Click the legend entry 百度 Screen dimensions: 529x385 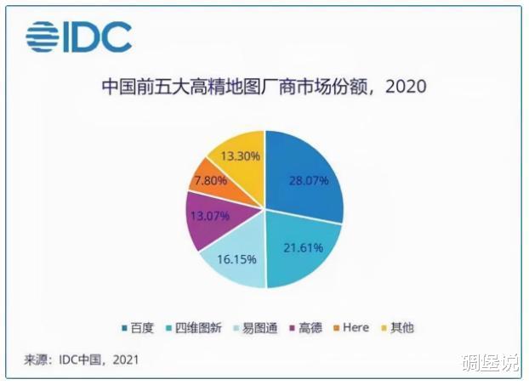click(138, 328)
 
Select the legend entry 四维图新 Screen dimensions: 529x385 click(194, 328)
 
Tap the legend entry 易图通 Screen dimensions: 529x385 click(256, 328)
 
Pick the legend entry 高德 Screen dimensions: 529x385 click(306, 328)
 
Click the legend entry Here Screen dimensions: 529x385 click(351, 328)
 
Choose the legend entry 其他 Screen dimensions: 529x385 click(397, 328)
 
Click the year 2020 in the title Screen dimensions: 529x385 click(406, 87)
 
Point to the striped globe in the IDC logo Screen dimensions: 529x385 click(43, 37)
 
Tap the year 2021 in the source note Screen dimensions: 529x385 click(126, 360)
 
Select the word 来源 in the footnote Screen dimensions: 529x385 click(35, 360)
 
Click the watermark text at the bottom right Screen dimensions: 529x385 click(491, 363)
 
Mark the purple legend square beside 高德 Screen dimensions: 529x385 click(293, 328)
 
